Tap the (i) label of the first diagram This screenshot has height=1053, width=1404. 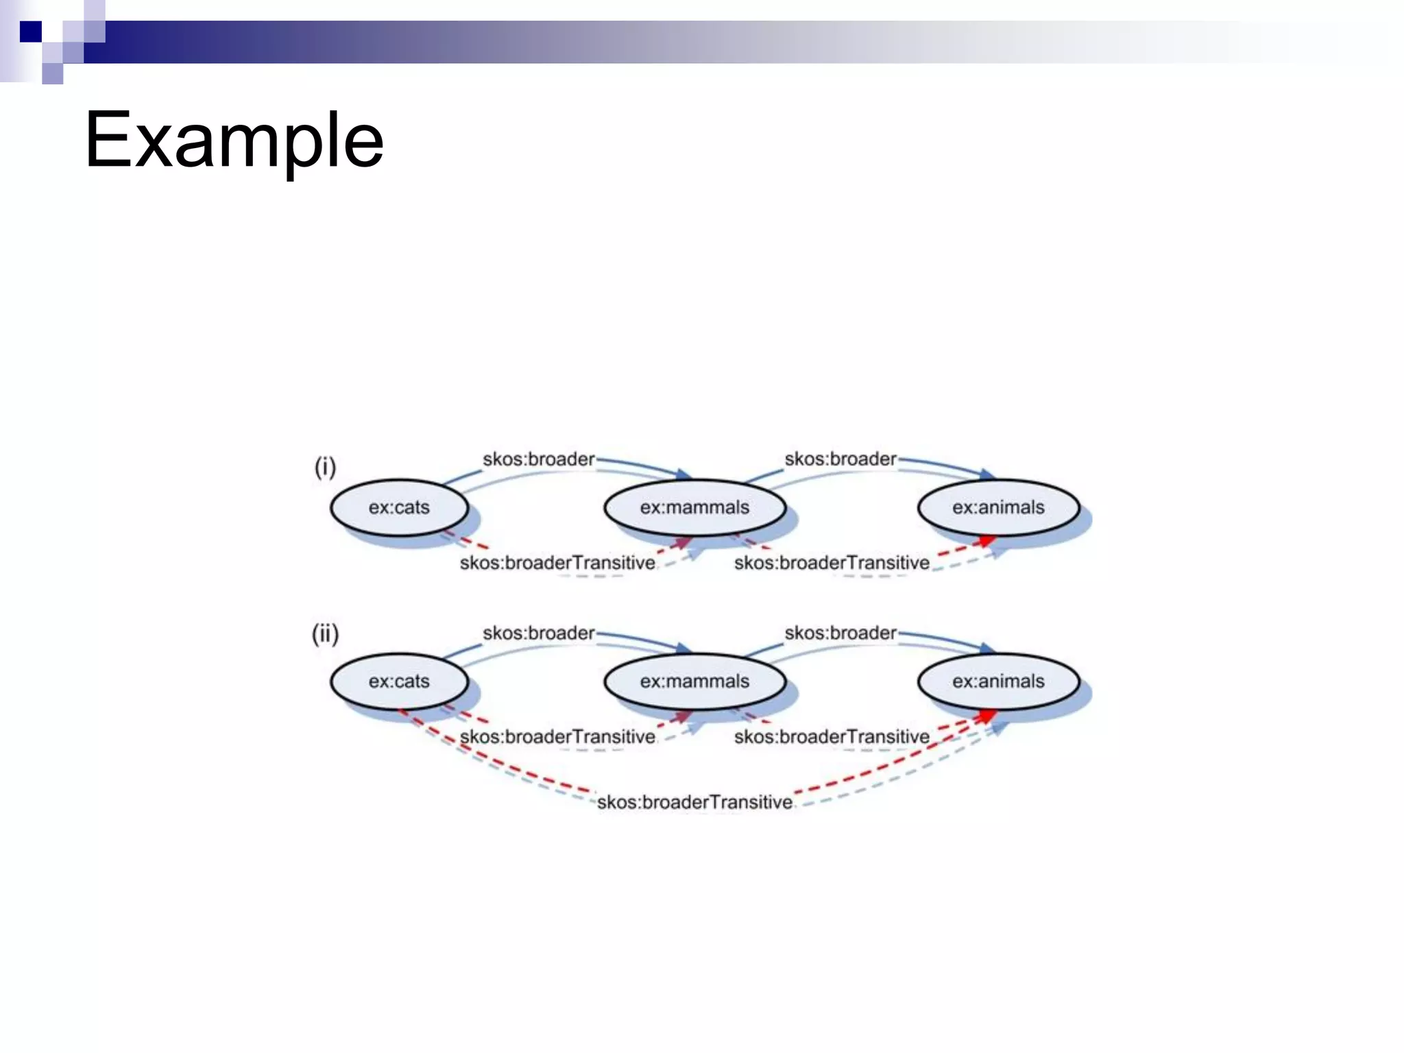coord(325,468)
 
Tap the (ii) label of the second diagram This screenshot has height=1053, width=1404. coord(325,634)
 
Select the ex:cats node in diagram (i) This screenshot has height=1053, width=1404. coord(399,507)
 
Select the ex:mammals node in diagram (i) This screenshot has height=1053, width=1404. coord(694,507)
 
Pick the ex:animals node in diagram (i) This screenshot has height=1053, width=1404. coord(998,507)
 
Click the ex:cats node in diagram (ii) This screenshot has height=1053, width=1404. coord(399,681)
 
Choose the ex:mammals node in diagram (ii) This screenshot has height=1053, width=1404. coord(694,681)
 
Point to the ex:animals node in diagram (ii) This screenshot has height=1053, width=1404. coord(998,681)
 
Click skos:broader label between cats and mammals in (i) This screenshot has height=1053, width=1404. coord(538,459)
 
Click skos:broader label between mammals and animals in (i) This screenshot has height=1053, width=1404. coord(840,459)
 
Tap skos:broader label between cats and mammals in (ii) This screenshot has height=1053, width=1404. coord(538,633)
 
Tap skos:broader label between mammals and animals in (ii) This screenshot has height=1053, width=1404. coord(840,633)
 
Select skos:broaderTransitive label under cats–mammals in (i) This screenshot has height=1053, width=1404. coord(557,563)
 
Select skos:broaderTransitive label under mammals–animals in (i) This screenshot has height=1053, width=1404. coord(832,563)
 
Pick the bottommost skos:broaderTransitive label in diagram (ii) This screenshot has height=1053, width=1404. coord(694,802)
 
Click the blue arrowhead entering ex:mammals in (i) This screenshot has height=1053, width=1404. coord(683,474)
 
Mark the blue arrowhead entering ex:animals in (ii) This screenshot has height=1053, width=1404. coord(987,648)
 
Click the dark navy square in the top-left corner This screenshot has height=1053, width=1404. coord(31,32)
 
